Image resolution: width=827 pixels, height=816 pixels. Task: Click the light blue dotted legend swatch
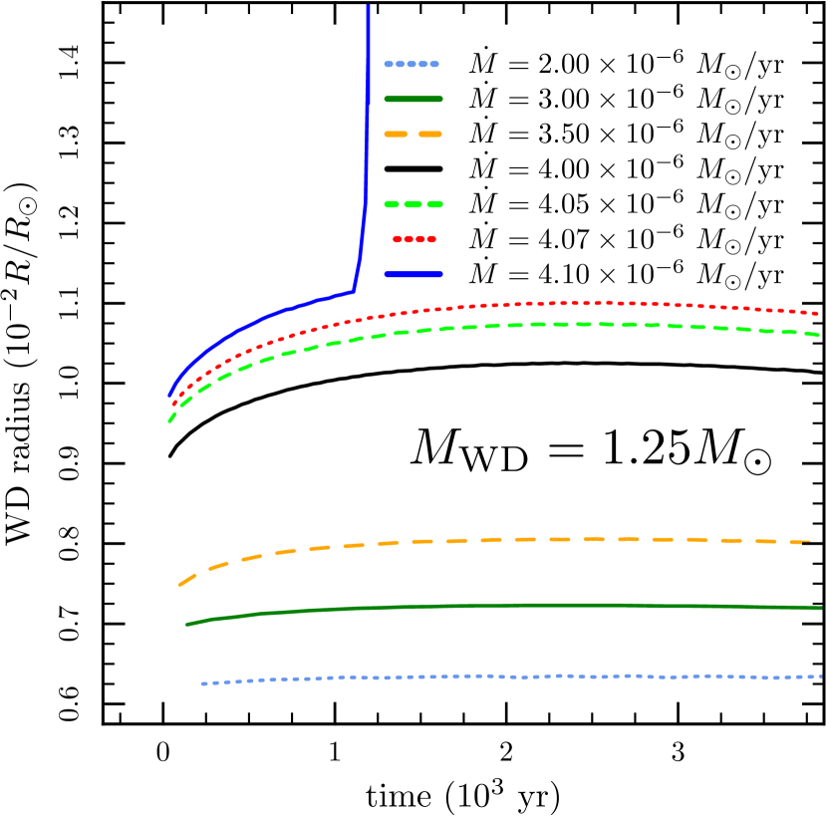[412, 64]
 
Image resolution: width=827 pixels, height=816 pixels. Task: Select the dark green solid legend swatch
[413, 99]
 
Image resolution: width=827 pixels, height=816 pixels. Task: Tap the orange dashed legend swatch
[413, 134]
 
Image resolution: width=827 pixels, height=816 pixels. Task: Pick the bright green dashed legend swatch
[413, 204]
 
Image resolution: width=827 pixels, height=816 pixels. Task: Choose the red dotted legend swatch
[413, 239]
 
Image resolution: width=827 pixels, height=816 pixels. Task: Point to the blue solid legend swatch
[413, 274]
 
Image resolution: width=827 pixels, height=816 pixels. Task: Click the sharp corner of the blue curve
[354, 291]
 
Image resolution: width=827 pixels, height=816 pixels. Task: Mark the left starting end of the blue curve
[170, 396]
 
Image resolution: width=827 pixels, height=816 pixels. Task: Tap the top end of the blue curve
[369, 6]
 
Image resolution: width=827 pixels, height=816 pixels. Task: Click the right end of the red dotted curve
[819, 313]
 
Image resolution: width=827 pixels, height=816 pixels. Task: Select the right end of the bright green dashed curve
[819, 335]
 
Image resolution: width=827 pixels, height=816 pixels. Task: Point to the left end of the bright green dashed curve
[169, 421]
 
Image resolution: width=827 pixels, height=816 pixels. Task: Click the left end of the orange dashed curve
[180, 584]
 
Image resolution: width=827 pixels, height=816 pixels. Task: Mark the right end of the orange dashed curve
[809, 542]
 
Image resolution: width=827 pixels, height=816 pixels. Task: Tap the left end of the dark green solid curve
[187, 625]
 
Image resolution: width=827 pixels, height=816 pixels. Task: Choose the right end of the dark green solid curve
[820, 607]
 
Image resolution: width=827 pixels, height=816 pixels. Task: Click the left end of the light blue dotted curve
[202, 683]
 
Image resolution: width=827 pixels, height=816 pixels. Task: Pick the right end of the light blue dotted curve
[820, 677]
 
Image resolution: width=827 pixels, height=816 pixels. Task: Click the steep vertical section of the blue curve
[367, 149]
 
